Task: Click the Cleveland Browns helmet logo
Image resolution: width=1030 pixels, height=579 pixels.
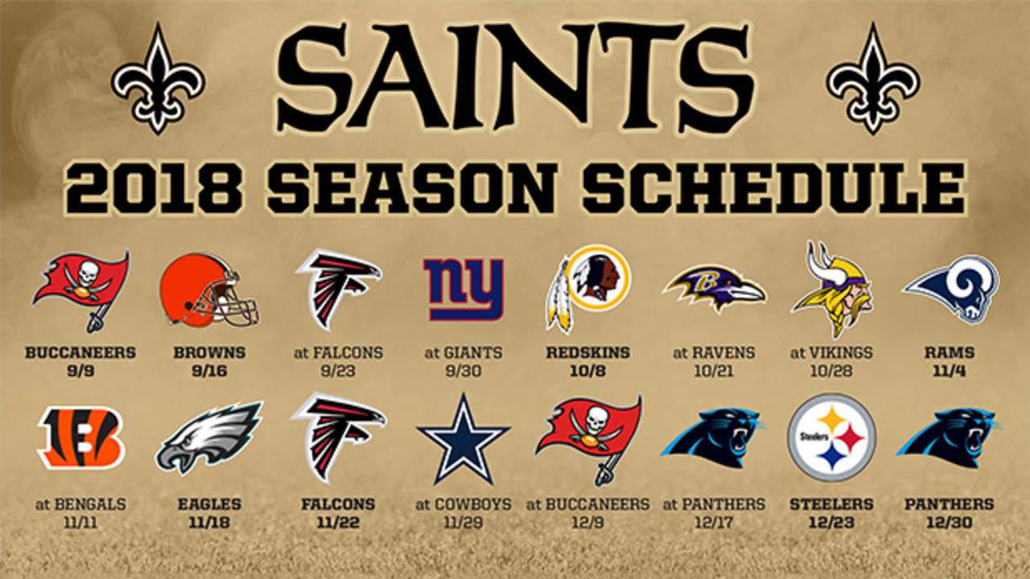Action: pyautogui.click(x=209, y=290)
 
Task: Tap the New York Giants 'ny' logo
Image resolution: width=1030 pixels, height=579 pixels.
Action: pyautogui.click(x=463, y=289)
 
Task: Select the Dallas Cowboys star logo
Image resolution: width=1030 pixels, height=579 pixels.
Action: pyautogui.click(x=463, y=439)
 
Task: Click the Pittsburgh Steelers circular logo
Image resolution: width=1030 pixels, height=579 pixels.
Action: pyautogui.click(x=831, y=437)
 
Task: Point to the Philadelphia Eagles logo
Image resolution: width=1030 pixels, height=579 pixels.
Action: pyautogui.click(x=209, y=437)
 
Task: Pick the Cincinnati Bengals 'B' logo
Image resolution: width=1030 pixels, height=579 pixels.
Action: pyautogui.click(x=80, y=437)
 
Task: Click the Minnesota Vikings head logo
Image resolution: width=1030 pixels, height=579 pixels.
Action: pyautogui.click(x=831, y=289)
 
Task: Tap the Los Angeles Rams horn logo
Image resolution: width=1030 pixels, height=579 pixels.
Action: pyautogui.click(x=951, y=289)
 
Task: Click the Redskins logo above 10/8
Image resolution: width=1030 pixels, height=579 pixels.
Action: pyautogui.click(x=587, y=288)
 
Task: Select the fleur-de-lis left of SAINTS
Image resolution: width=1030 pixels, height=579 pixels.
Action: pyautogui.click(x=159, y=79)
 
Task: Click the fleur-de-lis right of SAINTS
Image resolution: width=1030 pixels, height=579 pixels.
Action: pyautogui.click(x=873, y=79)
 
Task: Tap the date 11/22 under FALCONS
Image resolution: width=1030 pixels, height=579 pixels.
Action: pyautogui.click(x=338, y=523)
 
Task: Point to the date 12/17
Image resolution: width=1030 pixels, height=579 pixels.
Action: pyautogui.click(x=714, y=523)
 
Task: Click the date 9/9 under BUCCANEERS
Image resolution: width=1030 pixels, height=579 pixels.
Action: pyautogui.click(x=80, y=371)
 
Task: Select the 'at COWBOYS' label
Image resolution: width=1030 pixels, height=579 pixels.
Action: pyautogui.click(x=463, y=504)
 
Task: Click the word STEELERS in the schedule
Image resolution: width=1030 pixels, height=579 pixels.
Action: pyautogui.click(x=831, y=504)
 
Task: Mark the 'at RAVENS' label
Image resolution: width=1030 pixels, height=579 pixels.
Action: pyautogui.click(x=714, y=352)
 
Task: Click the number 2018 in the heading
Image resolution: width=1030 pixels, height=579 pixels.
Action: pyautogui.click(x=154, y=189)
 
